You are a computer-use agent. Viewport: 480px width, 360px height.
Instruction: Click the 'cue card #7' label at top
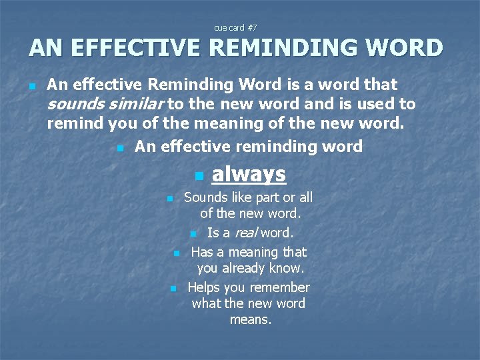(x=235, y=28)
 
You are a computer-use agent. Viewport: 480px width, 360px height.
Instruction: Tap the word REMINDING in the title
(x=295, y=49)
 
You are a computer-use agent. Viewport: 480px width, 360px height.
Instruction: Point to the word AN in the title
(x=45, y=49)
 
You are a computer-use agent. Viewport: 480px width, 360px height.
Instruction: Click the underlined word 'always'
(x=249, y=174)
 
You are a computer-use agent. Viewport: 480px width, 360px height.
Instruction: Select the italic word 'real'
(x=245, y=233)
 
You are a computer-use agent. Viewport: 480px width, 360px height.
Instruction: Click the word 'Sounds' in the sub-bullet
(x=204, y=197)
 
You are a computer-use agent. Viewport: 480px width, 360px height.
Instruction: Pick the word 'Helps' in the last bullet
(x=203, y=287)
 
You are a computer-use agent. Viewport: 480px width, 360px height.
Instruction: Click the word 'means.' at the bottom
(x=250, y=320)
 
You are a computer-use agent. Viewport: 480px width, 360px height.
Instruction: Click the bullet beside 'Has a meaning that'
(x=176, y=253)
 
